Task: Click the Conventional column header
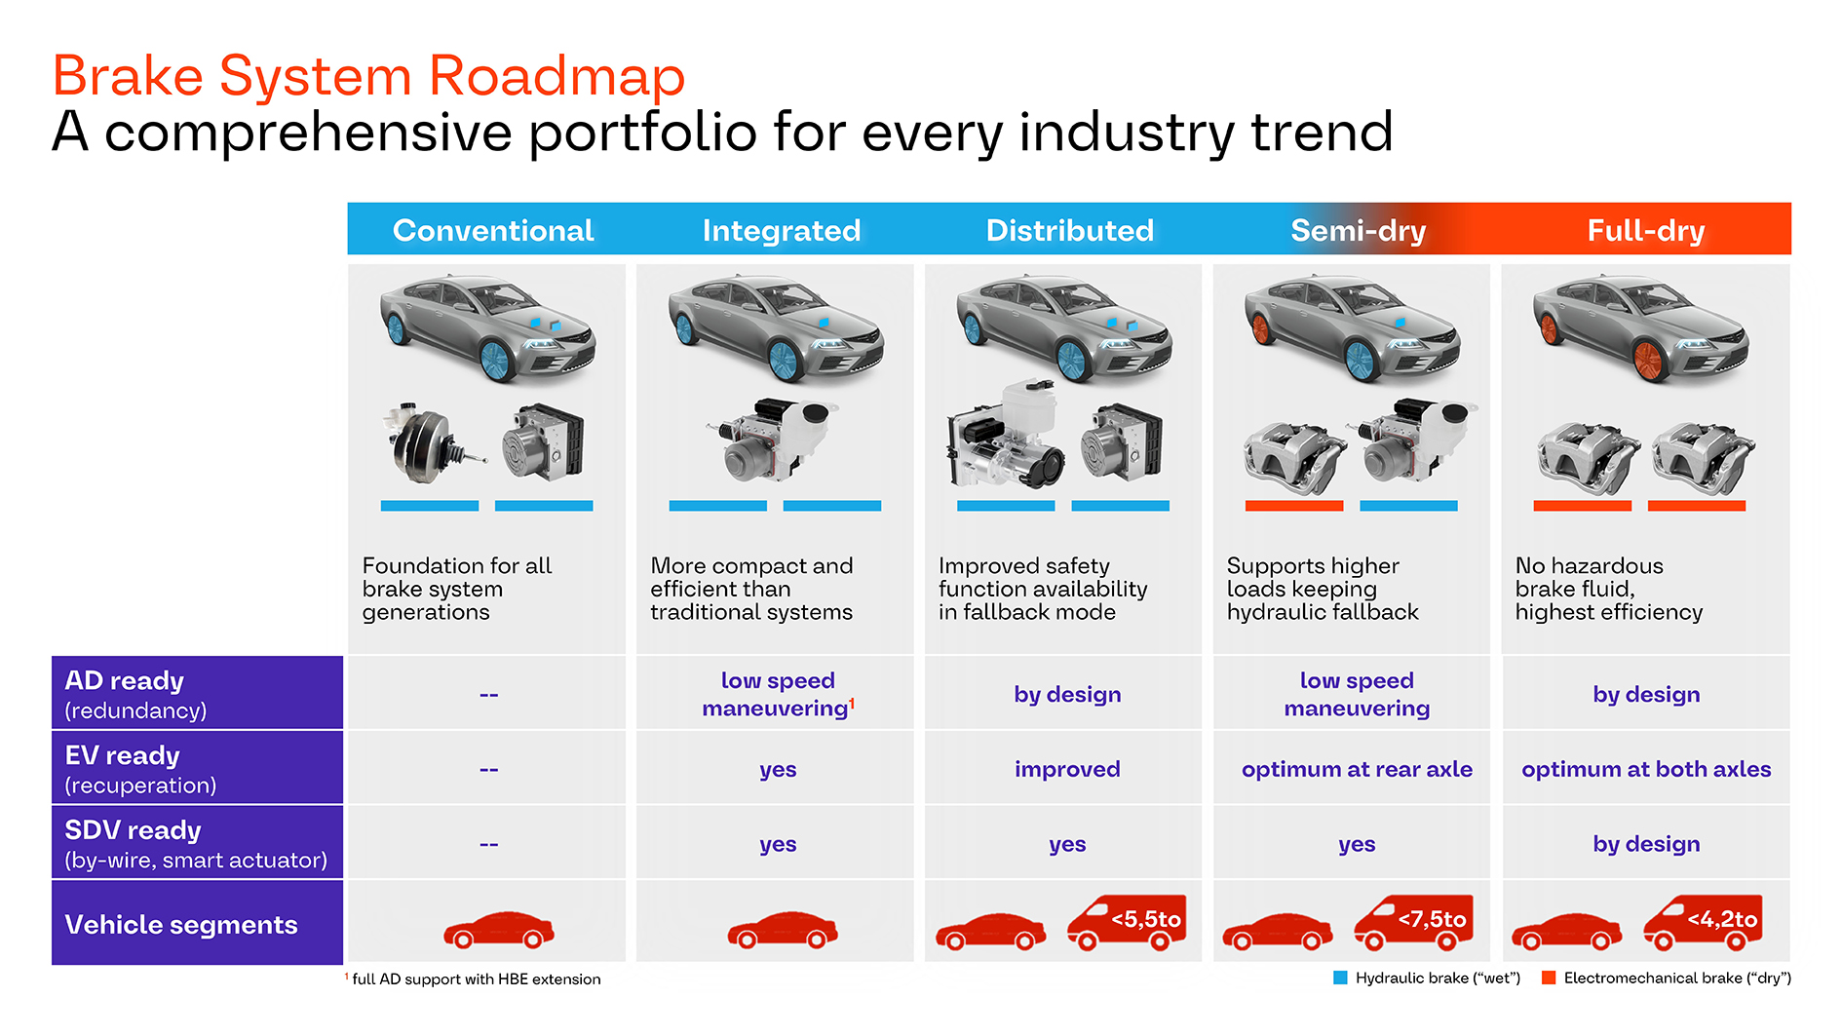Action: point(492,230)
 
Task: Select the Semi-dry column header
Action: point(1358,230)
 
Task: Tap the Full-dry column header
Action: point(1645,230)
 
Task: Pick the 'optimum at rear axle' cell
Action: point(1357,769)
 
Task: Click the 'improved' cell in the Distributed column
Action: point(1067,769)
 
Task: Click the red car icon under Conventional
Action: point(498,930)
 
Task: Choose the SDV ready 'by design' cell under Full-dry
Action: point(1646,844)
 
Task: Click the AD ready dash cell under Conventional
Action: point(488,695)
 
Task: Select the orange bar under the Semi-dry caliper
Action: point(1293,506)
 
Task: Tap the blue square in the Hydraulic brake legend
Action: point(1340,978)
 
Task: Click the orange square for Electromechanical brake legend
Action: point(1549,978)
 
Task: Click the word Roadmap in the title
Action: point(556,76)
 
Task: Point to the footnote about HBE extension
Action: point(476,978)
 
